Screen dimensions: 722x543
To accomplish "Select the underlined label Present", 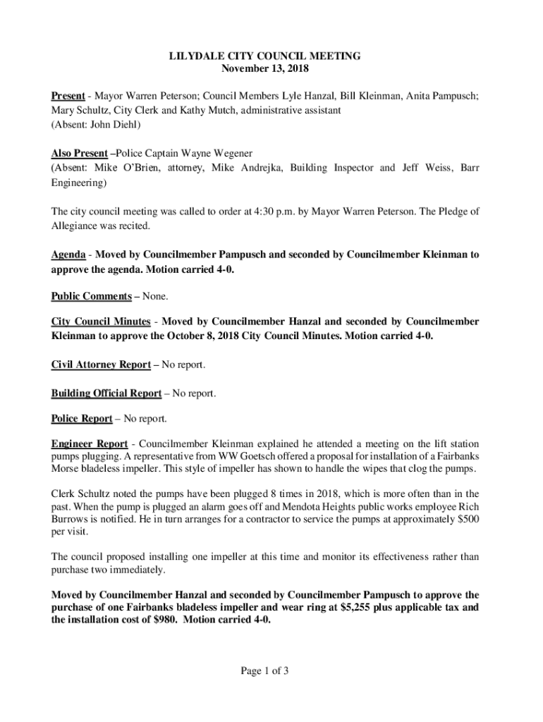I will pyautogui.click(x=68, y=95).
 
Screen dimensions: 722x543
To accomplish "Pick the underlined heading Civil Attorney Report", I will pyautogui.click(x=100, y=365).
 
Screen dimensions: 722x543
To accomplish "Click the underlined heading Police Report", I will pyautogui.click(x=81, y=419).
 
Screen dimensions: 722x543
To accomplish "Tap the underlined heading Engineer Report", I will pyautogui.click(x=89, y=444).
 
